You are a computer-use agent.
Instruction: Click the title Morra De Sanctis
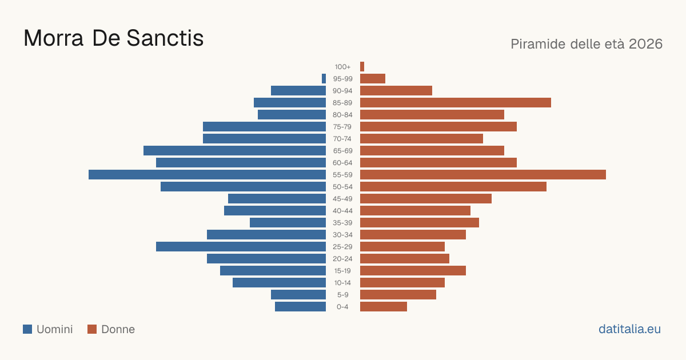click(x=114, y=38)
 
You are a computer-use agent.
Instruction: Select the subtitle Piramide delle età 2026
click(x=587, y=44)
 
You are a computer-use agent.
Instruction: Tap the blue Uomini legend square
click(x=27, y=329)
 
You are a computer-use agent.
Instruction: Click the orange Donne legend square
click(x=92, y=329)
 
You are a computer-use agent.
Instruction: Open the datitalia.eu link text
click(x=629, y=329)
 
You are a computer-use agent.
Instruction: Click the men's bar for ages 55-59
click(x=207, y=174)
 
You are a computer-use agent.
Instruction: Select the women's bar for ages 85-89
click(x=456, y=102)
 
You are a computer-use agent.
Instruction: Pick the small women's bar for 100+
click(x=362, y=66)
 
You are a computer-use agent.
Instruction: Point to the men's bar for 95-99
click(x=324, y=79)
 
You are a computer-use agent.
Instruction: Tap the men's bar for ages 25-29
click(x=241, y=246)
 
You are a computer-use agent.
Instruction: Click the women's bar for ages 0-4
click(x=384, y=306)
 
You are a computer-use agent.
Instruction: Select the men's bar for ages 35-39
click(x=288, y=222)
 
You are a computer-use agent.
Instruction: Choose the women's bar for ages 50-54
click(x=453, y=186)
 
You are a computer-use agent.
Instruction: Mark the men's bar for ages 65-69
click(x=234, y=151)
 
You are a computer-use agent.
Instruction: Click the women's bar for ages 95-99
click(x=373, y=79)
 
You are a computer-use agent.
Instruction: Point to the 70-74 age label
click(x=342, y=139)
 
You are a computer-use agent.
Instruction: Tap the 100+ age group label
click(x=342, y=67)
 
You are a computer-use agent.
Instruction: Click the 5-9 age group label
click(x=342, y=295)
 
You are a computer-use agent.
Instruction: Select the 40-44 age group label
click(x=342, y=211)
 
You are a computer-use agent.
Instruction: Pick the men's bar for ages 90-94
click(x=298, y=91)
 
